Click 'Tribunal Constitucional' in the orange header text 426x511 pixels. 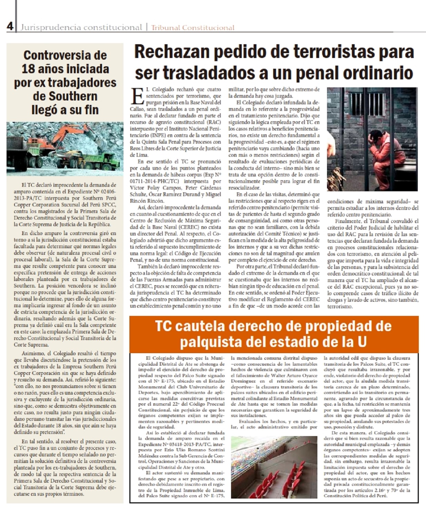192,28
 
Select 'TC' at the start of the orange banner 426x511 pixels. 164,326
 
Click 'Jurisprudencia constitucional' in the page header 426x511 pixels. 81,27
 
